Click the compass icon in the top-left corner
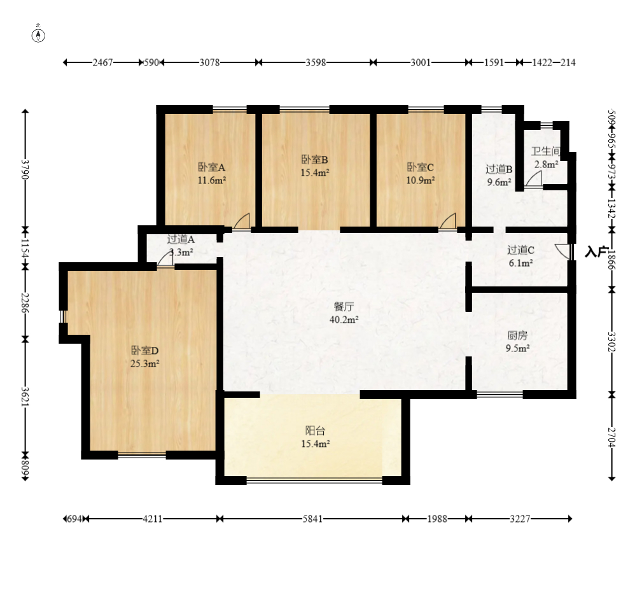pos(38,35)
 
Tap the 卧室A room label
pos(211,167)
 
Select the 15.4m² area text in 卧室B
pos(315,172)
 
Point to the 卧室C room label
pos(421,167)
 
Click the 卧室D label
pos(144,350)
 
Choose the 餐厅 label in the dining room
pos(344,306)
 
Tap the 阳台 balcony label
pos(315,430)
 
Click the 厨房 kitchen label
pos(517,335)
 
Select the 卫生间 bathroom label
pos(546,151)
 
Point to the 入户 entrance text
pos(596,251)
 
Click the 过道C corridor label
pos(521,250)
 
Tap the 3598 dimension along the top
pos(316,62)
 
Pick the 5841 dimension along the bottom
pos(312,519)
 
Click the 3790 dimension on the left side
pos(25,169)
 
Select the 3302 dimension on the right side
pos(611,342)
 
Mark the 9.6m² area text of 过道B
pos(499,183)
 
